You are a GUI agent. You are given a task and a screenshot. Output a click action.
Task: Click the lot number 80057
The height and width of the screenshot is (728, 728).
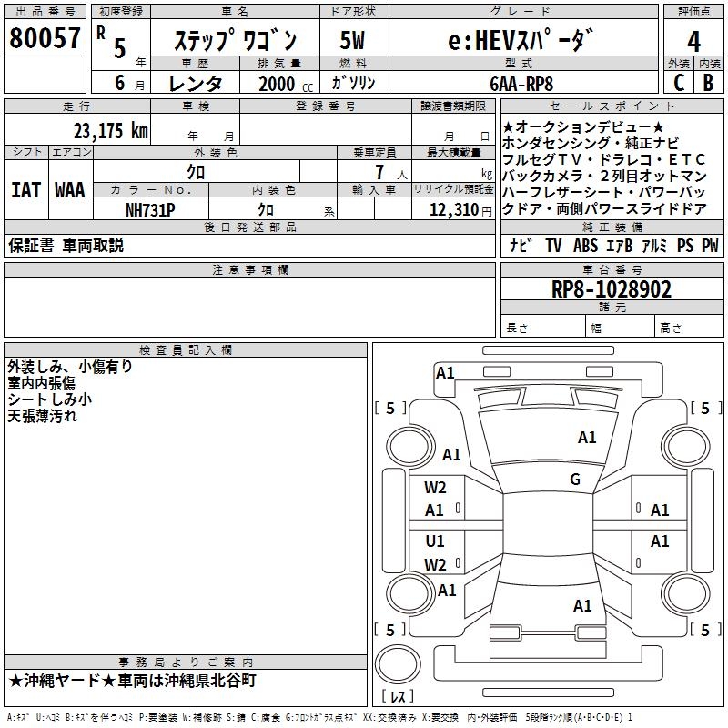[x=45, y=39]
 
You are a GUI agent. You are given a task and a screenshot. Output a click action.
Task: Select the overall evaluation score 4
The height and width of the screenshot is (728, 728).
[x=693, y=42]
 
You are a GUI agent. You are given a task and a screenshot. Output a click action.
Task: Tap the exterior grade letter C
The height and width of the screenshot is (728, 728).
[x=679, y=83]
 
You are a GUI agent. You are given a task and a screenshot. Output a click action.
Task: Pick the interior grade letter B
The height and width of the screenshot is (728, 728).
[x=709, y=83]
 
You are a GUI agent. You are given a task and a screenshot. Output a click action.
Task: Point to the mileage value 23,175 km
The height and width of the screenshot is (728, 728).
[x=110, y=130]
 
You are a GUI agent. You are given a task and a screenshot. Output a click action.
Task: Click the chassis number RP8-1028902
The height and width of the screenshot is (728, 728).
[x=612, y=290]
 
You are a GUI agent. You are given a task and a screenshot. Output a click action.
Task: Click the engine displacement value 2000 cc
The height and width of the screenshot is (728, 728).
[x=278, y=84]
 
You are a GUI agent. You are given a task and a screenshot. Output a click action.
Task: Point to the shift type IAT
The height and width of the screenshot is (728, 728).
[x=25, y=190]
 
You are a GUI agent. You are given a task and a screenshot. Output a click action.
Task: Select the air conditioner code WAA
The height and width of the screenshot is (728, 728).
[x=69, y=190]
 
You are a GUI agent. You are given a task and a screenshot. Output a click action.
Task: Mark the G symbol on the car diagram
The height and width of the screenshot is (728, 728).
[x=575, y=480]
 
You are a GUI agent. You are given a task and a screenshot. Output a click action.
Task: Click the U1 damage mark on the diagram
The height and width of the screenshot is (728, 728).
[x=435, y=541]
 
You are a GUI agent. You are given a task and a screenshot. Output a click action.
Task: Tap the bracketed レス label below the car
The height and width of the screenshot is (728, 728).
[x=398, y=697]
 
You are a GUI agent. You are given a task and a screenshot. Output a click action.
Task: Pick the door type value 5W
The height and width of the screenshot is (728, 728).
[x=353, y=41]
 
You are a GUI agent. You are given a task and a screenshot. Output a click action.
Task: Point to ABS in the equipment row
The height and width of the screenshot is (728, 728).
[x=585, y=246]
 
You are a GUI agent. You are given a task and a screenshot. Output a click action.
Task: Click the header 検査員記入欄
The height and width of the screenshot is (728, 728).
[x=186, y=349]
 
